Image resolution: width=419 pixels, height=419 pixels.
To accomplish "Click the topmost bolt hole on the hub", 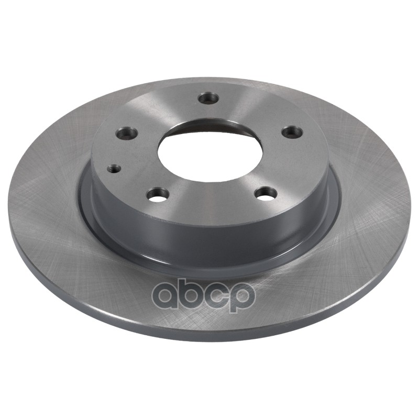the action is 208,98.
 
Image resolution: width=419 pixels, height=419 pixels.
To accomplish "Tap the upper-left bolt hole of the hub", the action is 127,133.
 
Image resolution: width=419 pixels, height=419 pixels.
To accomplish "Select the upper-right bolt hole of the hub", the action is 293,132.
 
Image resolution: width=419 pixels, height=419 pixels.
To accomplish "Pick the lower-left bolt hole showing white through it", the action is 159,195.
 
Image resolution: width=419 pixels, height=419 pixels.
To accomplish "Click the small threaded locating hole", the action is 114,169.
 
